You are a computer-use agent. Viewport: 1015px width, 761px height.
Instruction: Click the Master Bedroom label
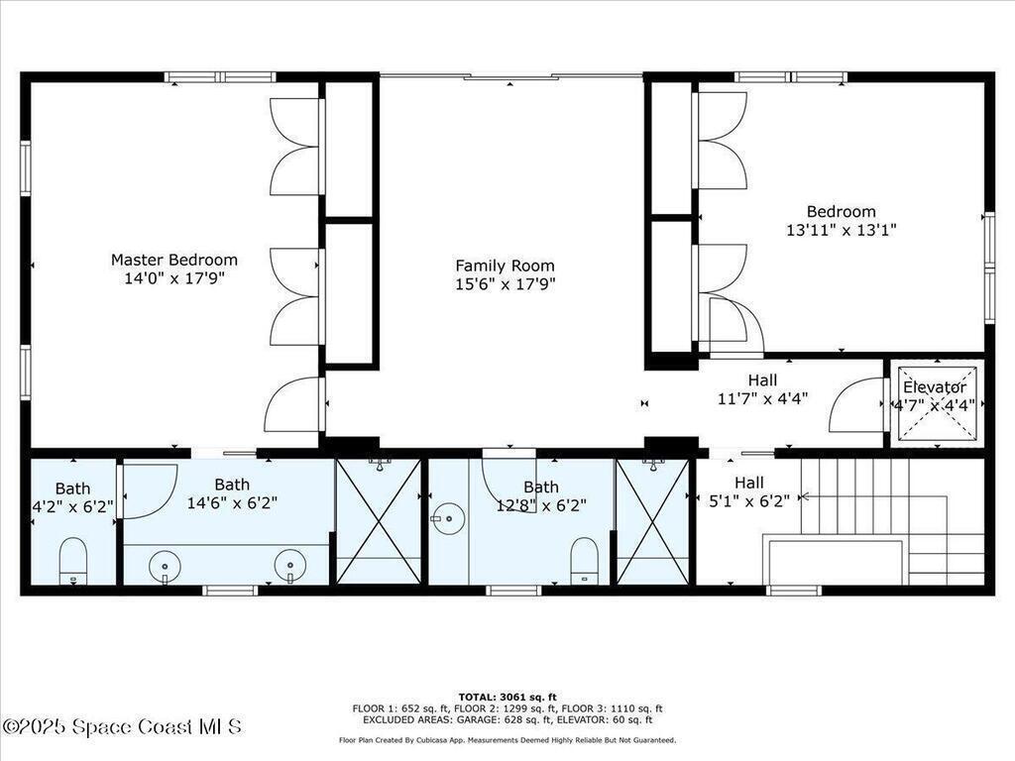click(x=174, y=261)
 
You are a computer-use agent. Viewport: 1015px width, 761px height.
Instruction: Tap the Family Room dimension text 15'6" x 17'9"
click(x=506, y=284)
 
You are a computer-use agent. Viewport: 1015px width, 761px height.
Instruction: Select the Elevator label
click(x=935, y=387)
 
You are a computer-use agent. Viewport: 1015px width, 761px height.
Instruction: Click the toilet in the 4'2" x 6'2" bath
click(x=73, y=561)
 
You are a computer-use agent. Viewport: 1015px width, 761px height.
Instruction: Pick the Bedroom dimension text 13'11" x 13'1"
click(x=842, y=230)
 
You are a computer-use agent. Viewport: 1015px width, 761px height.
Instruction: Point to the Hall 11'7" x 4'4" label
click(x=762, y=389)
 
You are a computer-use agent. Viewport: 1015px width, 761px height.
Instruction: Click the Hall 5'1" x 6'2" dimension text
click(x=749, y=500)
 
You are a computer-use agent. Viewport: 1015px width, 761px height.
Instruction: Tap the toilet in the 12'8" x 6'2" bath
click(x=585, y=561)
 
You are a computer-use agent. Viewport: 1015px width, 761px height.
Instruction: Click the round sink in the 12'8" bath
click(x=448, y=519)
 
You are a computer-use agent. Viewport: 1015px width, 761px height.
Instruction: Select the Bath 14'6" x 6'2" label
click(x=232, y=493)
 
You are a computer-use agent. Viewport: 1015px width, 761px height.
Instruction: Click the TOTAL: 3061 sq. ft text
click(x=507, y=697)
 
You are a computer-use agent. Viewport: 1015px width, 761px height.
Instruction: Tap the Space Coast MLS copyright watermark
click(x=122, y=726)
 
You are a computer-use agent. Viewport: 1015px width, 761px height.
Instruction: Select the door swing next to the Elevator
click(x=855, y=404)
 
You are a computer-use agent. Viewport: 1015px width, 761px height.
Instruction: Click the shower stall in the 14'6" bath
click(x=379, y=522)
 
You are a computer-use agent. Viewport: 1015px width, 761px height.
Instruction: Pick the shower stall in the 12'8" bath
click(x=653, y=522)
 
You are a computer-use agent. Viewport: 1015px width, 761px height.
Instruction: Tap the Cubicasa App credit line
click(x=507, y=740)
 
